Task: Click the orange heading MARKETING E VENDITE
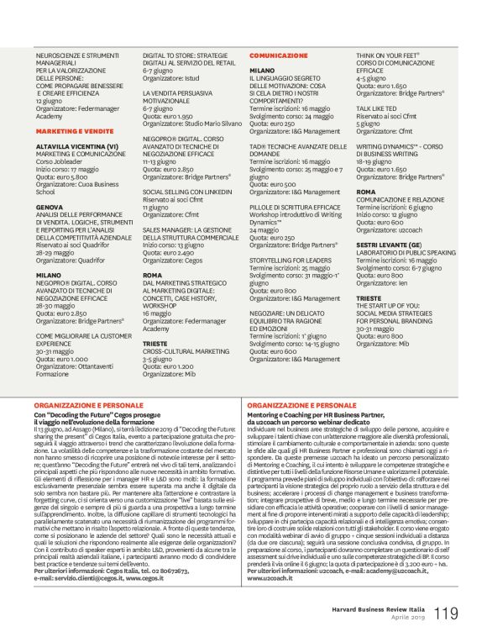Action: (75, 132)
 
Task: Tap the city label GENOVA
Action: (50, 206)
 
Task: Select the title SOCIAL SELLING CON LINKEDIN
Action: (188, 192)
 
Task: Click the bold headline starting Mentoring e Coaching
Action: (338, 415)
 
